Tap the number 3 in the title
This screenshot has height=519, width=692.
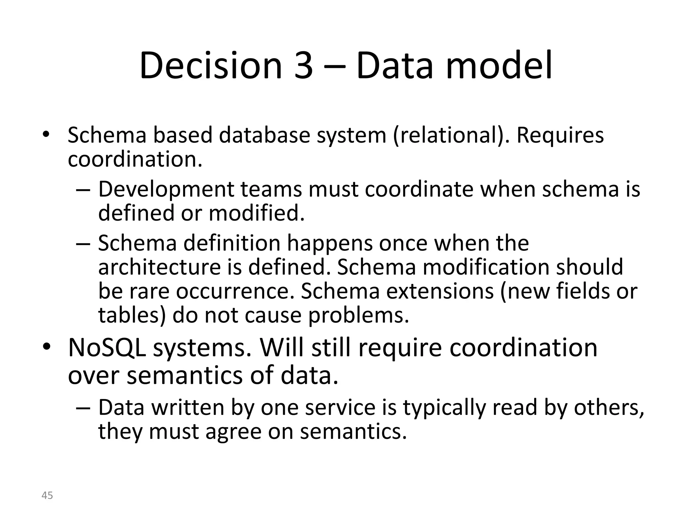(x=303, y=66)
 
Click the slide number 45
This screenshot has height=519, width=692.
(x=47, y=495)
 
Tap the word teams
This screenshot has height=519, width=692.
(x=271, y=189)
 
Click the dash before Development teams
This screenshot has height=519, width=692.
(x=83, y=190)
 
